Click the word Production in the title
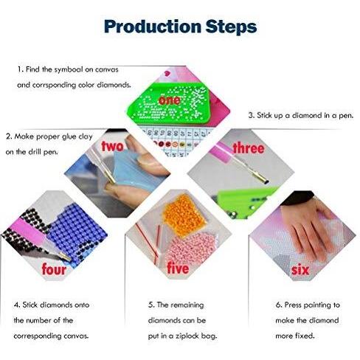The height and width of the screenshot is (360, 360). point(153,27)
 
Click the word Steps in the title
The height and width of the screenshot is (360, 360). point(231,27)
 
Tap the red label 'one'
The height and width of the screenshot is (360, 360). point(170,100)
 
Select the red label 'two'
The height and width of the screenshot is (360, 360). point(112,146)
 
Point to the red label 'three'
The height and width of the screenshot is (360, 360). point(249,148)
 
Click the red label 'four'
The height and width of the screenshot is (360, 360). point(54,269)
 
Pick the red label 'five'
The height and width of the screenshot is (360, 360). point(178,268)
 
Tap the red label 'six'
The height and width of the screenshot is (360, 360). point(300,270)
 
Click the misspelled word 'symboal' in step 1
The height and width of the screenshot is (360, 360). point(69,70)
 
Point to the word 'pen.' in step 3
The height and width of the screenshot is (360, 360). point(346,116)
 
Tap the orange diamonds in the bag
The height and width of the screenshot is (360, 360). point(184,215)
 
